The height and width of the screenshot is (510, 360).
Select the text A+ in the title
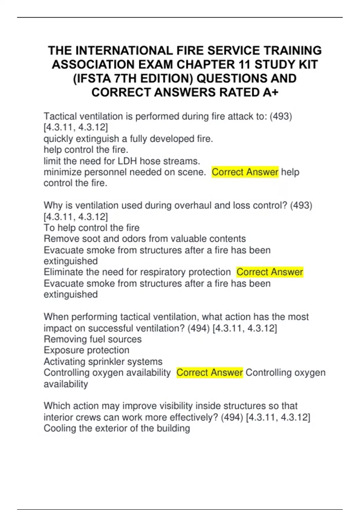[x=270, y=92]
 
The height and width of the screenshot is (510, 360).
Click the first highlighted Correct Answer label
[x=245, y=172]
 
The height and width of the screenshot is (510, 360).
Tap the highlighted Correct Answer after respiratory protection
[x=270, y=272]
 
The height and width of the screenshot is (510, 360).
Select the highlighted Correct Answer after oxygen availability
[x=209, y=373]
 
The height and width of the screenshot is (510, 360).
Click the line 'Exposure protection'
[x=86, y=350]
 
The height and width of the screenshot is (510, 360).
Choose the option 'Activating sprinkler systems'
[x=103, y=361]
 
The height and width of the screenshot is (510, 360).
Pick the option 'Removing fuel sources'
[x=92, y=339]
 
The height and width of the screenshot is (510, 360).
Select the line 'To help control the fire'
[x=91, y=228]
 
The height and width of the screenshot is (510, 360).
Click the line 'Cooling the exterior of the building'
[x=117, y=428]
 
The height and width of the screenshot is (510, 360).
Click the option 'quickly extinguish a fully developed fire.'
[x=128, y=139]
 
